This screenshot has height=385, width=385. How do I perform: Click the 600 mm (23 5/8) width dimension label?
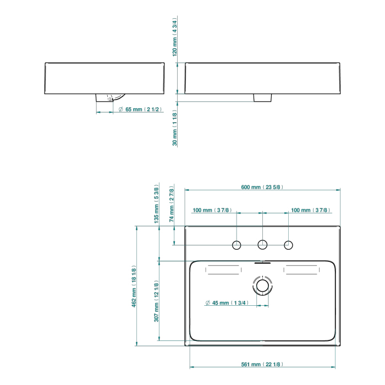click(x=262, y=187)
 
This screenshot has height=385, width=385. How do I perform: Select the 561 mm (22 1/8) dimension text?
click(x=262, y=364)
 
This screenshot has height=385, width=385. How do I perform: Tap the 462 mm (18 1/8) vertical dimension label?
click(x=134, y=287)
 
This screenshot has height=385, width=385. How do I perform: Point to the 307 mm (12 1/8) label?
click(x=156, y=301)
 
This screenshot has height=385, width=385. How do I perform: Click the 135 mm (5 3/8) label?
click(x=156, y=204)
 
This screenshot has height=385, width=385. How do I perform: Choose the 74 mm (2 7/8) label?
click(x=172, y=204)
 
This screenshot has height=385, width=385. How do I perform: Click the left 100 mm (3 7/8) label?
click(x=212, y=210)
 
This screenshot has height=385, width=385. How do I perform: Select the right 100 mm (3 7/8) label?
click(x=311, y=210)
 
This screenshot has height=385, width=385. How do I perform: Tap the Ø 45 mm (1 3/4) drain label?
click(x=227, y=302)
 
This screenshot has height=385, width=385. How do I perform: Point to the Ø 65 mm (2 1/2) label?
click(x=140, y=109)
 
